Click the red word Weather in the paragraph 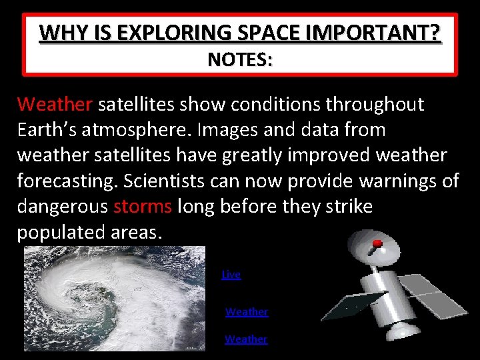pos(55,105)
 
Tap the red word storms pos(142,207)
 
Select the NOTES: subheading pos(239,59)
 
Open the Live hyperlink pos(231,274)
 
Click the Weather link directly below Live pos(246,311)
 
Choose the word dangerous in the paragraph pos(62,207)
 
